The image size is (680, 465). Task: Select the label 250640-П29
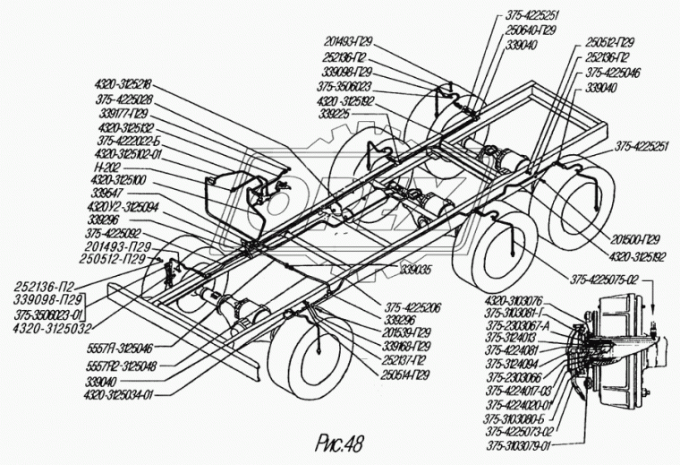tap(528, 29)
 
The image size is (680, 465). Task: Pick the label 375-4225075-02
tap(598, 279)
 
